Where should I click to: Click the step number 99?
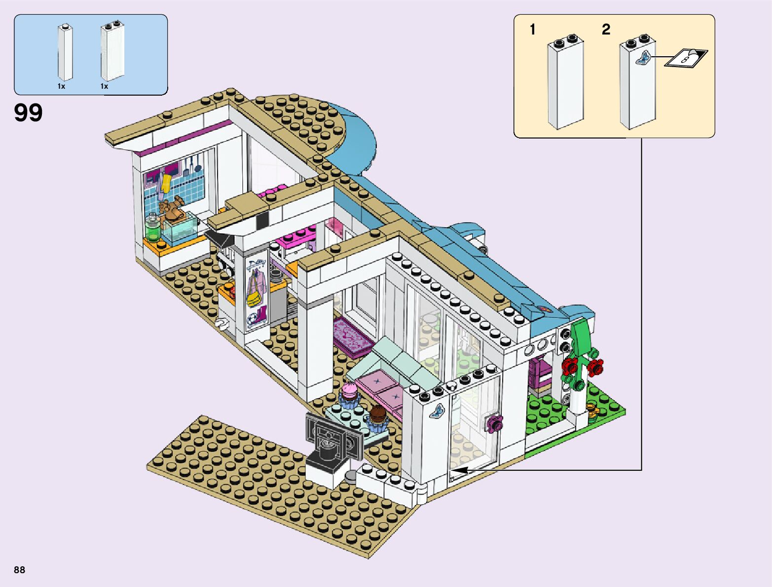coord(28,113)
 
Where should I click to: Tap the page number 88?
coord(19,570)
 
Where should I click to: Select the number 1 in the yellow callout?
coord(532,30)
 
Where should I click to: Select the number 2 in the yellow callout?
coord(606,30)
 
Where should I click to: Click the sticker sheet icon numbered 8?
coord(686,58)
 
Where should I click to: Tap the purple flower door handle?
coord(494,423)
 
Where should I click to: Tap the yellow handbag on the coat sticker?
coord(254,299)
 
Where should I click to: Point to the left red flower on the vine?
coord(571,366)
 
